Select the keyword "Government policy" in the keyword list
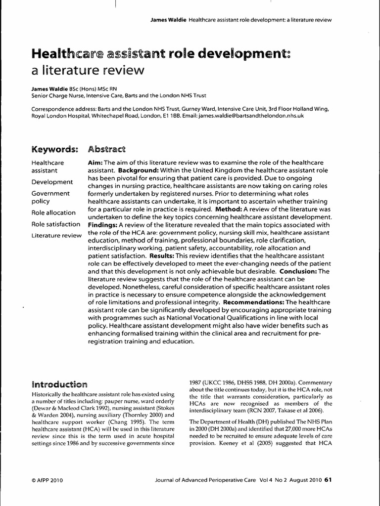coord(50,198)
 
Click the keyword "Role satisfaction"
coord(55,224)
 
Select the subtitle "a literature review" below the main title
coord(88,70)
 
